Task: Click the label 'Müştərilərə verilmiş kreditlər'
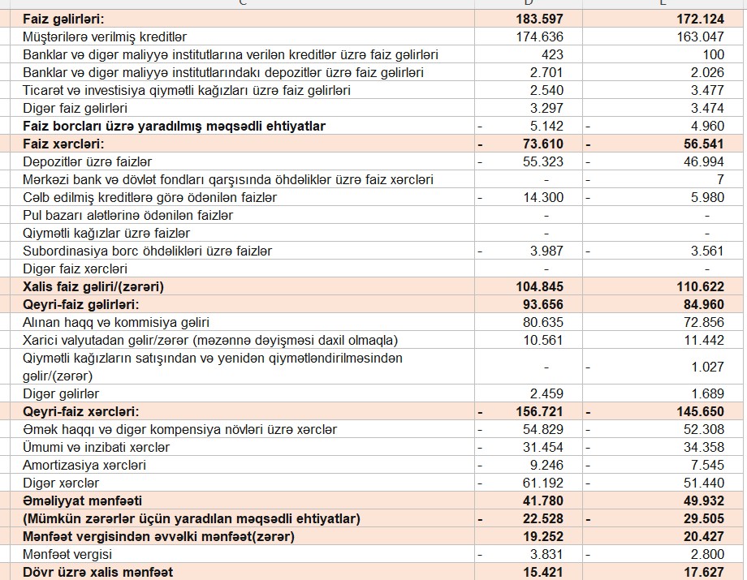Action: pyautogui.click(x=105, y=37)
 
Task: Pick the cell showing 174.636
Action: pyautogui.click(x=540, y=37)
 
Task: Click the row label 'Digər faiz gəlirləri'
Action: pyautogui.click(x=75, y=108)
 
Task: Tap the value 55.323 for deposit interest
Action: pyautogui.click(x=546, y=161)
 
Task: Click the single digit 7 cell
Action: pyautogui.click(x=719, y=179)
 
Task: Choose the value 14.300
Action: pyautogui.click(x=546, y=197)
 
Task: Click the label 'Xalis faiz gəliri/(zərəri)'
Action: pyautogui.click(x=99, y=286)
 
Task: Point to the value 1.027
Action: pyautogui.click(x=707, y=367)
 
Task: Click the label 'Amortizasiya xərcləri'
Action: pyautogui.click(x=84, y=465)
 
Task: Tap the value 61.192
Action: pyautogui.click(x=546, y=483)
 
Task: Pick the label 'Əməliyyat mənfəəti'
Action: pyautogui.click(x=82, y=501)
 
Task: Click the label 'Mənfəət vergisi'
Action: pyautogui.click(x=67, y=554)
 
